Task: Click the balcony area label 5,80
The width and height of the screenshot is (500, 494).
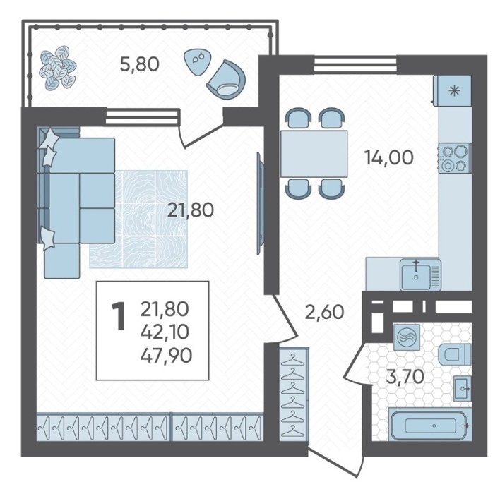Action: click(x=139, y=64)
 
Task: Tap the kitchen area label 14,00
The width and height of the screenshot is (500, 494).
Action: click(x=389, y=157)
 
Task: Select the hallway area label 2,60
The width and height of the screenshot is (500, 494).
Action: click(x=325, y=312)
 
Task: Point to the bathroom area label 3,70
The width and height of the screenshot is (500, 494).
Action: click(x=405, y=378)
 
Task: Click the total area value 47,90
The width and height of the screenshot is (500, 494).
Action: click(x=166, y=356)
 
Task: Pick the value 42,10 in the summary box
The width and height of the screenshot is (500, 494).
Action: click(x=165, y=332)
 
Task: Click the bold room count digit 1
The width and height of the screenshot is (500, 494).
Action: click(x=119, y=316)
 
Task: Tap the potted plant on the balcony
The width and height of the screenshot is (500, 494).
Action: click(x=58, y=67)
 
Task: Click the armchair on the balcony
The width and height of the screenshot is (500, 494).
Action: click(x=227, y=78)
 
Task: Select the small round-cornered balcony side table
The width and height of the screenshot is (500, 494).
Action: click(x=197, y=61)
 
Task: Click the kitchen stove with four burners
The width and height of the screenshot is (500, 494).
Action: click(x=455, y=158)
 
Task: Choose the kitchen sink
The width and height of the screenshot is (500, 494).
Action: click(x=421, y=275)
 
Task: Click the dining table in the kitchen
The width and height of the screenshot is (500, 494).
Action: click(x=314, y=154)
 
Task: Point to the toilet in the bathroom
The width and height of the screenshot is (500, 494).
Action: click(x=455, y=354)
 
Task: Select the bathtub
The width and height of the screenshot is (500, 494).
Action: click(x=428, y=426)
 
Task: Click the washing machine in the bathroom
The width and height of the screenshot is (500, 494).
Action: click(x=405, y=337)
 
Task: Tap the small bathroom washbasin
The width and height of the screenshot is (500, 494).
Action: click(x=463, y=388)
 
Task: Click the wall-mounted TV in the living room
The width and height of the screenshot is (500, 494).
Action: click(x=260, y=203)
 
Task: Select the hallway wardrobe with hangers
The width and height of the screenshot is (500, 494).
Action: click(x=294, y=394)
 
